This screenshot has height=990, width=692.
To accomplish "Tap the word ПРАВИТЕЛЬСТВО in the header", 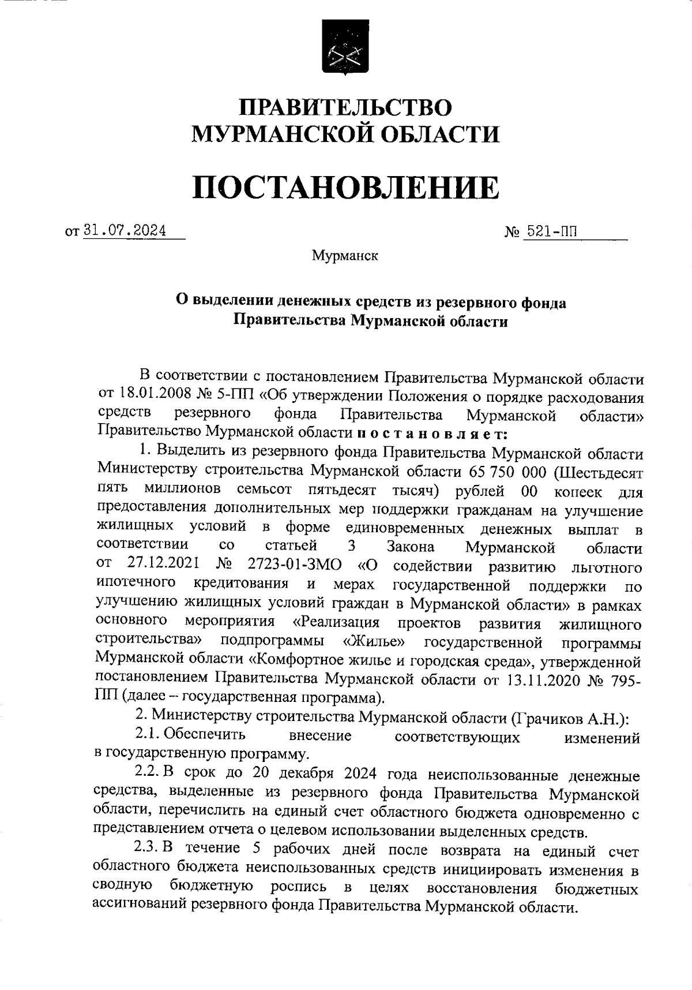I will click(345, 108).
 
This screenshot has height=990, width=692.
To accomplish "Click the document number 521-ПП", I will click(550, 231).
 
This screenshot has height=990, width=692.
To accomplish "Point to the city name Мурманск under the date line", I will click(345, 255).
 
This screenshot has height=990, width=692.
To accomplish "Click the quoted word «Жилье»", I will click(373, 642).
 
